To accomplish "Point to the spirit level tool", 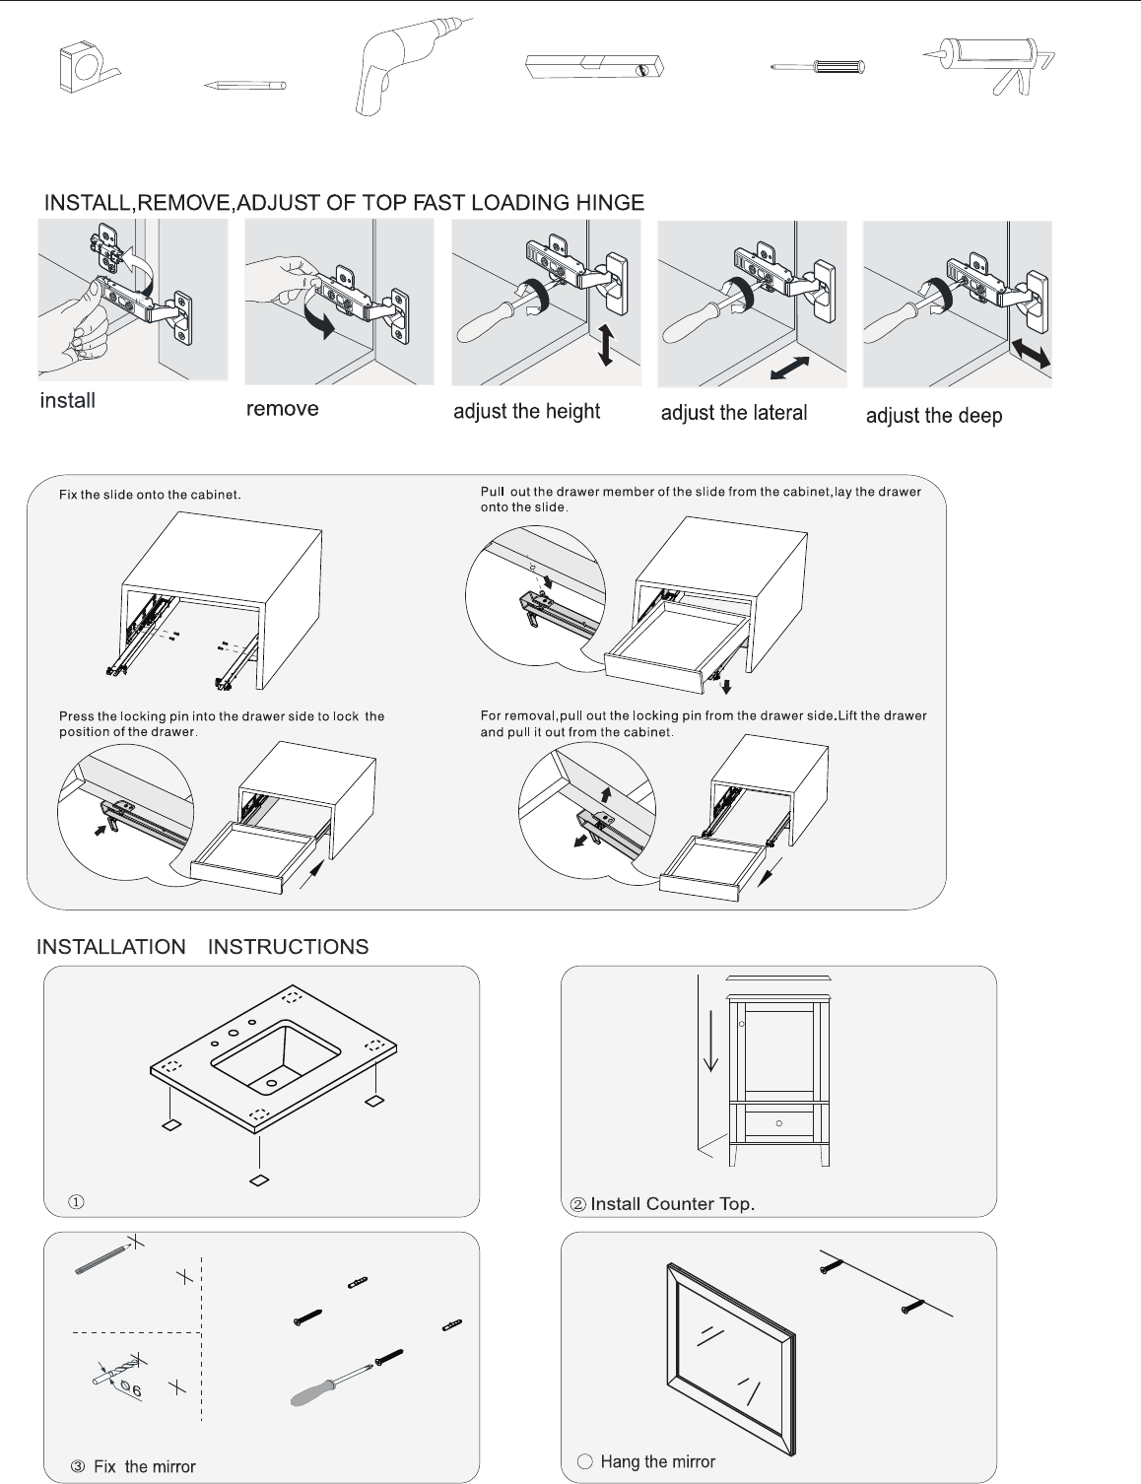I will (x=594, y=67).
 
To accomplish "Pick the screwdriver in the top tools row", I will (x=817, y=67).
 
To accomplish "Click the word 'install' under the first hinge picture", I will (x=67, y=401).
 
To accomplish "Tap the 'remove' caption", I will (x=282, y=409).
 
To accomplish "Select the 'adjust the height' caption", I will (x=526, y=412).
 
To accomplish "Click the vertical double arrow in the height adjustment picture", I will (x=606, y=345).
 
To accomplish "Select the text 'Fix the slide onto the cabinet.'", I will (x=150, y=495).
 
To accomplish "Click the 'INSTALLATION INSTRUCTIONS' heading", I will (x=202, y=947).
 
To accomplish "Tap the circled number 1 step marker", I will (x=76, y=1202).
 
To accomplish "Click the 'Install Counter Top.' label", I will (x=672, y=1204).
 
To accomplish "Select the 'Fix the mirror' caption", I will (x=144, y=1466).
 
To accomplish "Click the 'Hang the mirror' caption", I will (x=657, y=1462).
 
